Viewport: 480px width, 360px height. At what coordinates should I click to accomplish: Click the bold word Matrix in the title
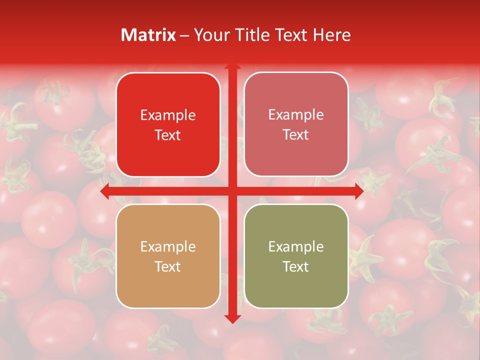tap(148, 35)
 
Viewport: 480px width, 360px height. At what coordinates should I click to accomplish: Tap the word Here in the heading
tap(331, 35)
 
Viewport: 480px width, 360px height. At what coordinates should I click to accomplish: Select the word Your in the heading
tap(210, 35)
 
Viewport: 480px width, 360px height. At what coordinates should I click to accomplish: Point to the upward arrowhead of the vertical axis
tap(232, 66)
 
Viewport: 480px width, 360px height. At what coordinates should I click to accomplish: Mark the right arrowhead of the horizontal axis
tap(359, 191)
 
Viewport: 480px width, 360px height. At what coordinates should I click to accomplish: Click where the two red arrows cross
tap(232, 191)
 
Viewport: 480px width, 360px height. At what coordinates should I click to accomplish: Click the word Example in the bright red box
tap(168, 115)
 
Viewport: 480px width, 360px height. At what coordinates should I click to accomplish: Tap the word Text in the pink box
tap(296, 135)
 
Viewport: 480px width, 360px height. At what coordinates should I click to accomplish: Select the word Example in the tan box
tap(168, 247)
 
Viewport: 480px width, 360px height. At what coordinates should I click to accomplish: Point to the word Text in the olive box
tap(296, 266)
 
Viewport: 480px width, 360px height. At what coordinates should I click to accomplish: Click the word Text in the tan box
tap(168, 266)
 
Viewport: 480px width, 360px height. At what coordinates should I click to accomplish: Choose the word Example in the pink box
tap(296, 115)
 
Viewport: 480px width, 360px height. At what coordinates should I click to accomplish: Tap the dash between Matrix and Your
tap(184, 35)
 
